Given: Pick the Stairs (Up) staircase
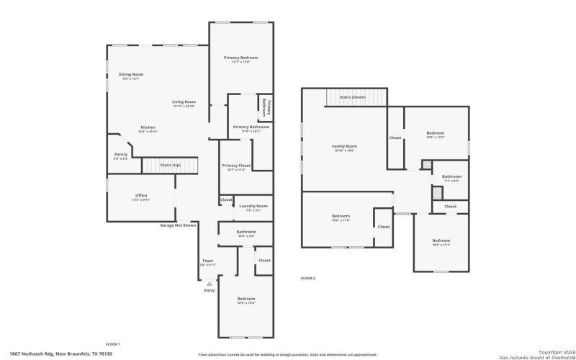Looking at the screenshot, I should pyautogui.click(x=170, y=166).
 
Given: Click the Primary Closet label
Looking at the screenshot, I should pyautogui.click(x=235, y=167).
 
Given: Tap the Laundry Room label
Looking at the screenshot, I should pyautogui.click(x=253, y=207).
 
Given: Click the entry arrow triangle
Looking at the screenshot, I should pyautogui.click(x=210, y=284).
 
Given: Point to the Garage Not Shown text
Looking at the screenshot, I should pyautogui.click(x=178, y=225).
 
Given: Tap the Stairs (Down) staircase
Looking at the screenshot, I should pyautogui.click(x=356, y=97).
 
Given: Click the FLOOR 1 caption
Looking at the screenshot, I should pyautogui.click(x=113, y=344).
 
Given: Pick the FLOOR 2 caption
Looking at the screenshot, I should pyautogui.click(x=307, y=278).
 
